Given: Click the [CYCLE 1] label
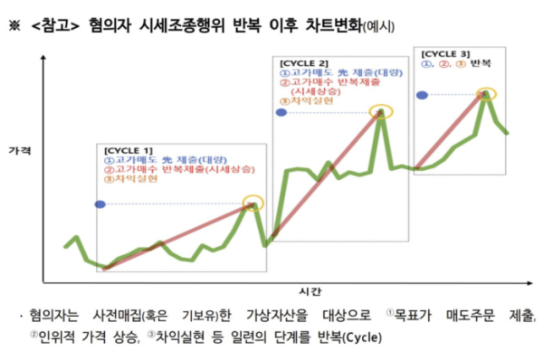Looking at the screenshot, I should (x=129, y=148).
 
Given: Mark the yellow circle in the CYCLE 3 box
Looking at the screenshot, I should (x=487, y=93).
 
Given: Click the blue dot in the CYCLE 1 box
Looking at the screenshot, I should (x=100, y=204).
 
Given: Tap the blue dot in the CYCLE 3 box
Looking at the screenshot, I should (x=421, y=94).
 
